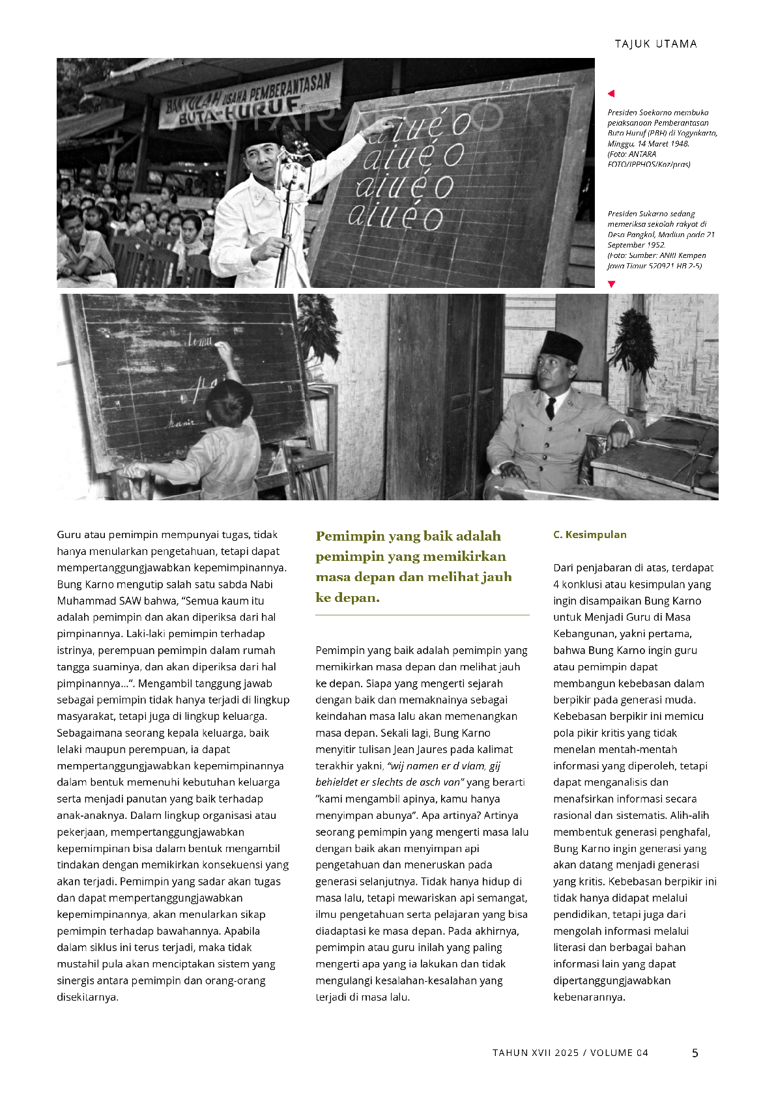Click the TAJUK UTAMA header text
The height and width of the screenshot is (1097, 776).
coord(655,44)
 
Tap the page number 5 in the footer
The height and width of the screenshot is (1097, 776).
coord(695,1053)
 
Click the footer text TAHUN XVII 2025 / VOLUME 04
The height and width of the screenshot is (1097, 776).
coord(570,1053)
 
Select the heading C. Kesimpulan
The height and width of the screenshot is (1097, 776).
coord(590,535)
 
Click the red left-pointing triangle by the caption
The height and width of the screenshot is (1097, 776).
coord(611,94)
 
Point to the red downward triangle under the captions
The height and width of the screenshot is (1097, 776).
coord(611,284)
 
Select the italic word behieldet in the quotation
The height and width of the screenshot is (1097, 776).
coord(339,782)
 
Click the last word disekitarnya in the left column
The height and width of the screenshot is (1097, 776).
coord(87,997)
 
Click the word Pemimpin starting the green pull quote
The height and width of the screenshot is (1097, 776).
coord(349,536)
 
